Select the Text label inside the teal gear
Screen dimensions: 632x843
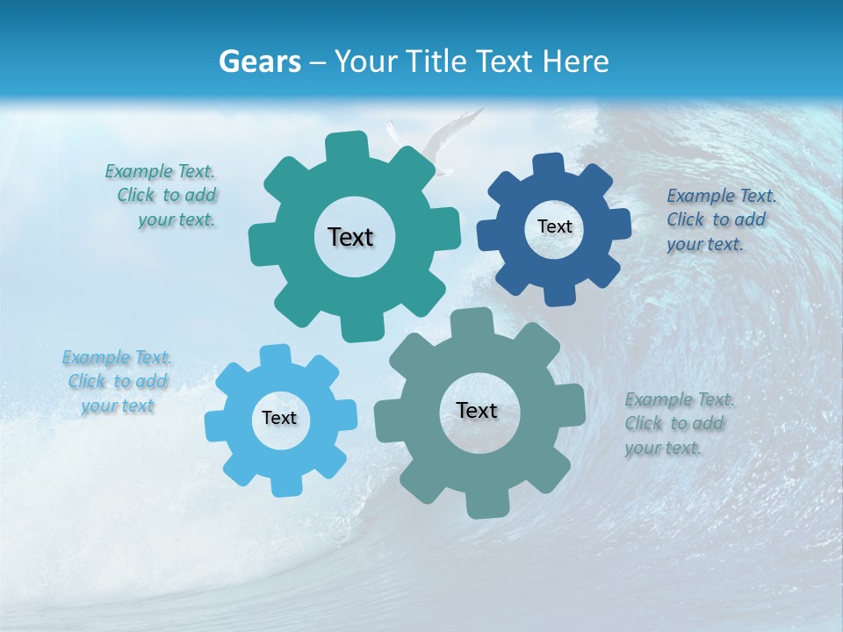click(350, 237)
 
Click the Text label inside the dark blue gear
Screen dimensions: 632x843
click(554, 226)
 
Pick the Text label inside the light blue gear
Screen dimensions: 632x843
click(279, 418)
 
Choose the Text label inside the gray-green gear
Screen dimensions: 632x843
click(477, 410)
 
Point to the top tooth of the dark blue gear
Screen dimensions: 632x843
click(548, 164)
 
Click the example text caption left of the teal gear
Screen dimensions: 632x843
click(162, 196)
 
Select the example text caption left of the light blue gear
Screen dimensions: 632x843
click(117, 382)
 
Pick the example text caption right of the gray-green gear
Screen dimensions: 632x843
click(678, 423)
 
